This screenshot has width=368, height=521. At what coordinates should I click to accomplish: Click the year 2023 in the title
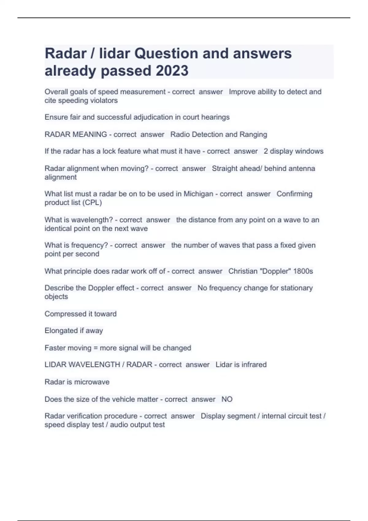[x=172, y=71]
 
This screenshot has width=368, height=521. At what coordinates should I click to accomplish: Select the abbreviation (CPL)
[x=92, y=203]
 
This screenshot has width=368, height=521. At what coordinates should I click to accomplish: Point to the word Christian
[x=243, y=271]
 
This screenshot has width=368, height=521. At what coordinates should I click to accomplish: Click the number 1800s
[x=303, y=271]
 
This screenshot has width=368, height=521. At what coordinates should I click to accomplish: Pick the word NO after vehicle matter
[x=227, y=399]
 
